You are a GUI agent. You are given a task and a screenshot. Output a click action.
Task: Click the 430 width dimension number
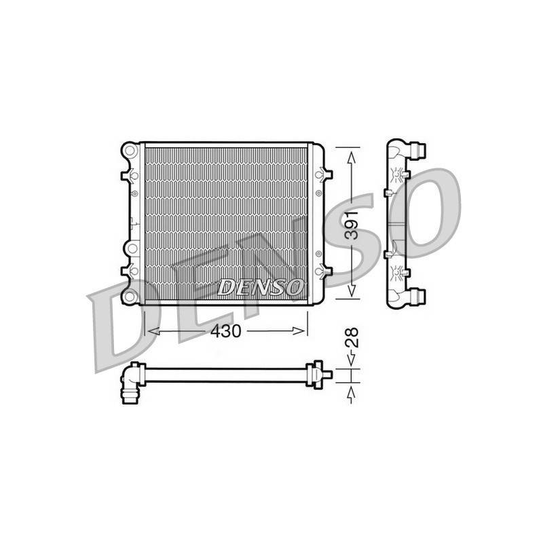coord(225,331)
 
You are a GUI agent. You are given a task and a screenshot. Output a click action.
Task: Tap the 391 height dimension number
coord(352,225)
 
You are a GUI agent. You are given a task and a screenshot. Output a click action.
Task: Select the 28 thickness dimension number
coord(352,337)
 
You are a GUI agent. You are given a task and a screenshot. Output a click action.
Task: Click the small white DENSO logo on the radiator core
coord(259,287)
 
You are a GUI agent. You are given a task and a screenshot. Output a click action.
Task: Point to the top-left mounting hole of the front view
coord(130,151)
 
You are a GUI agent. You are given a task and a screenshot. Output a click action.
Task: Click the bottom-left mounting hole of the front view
coord(130,297)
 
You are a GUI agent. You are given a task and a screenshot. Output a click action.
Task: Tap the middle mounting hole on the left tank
coord(132,248)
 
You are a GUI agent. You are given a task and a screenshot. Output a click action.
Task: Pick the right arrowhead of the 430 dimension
coord(299,331)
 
